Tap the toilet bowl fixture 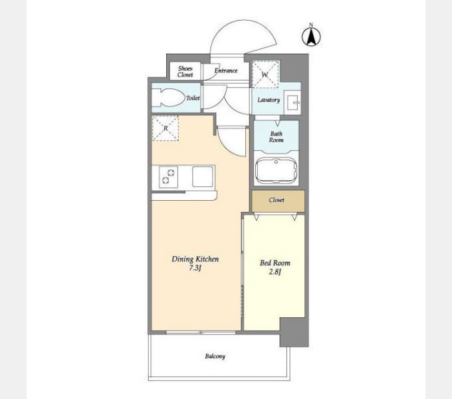(168, 98)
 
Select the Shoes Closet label (185, 72)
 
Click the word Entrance (226, 70)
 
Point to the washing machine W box (265, 74)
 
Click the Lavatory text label (269, 100)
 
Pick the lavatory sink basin (292, 102)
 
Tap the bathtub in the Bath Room (276, 170)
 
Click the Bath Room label (276, 137)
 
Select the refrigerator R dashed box (166, 128)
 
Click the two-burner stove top (168, 176)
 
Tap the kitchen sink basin (203, 176)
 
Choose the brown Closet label (277, 199)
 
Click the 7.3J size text (195, 268)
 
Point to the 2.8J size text (275, 271)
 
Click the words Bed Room (275, 263)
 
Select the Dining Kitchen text (195, 259)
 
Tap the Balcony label (215, 356)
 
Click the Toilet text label (193, 98)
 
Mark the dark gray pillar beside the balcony (294, 332)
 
